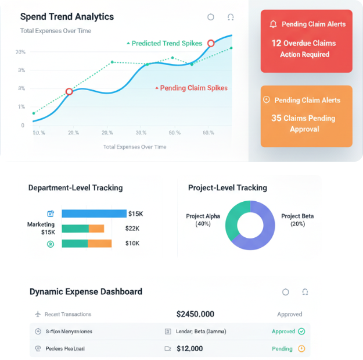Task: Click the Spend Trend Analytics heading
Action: click(67, 17)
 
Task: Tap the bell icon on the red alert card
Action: click(273, 24)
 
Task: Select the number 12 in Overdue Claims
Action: click(276, 43)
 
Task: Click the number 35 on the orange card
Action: click(276, 118)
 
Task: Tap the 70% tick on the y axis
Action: click(21, 52)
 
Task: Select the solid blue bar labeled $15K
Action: click(94, 213)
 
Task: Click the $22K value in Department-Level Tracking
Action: click(132, 229)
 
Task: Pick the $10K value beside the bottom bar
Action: click(132, 243)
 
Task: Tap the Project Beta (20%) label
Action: click(297, 220)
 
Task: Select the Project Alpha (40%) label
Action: click(203, 220)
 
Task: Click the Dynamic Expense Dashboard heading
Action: click(86, 291)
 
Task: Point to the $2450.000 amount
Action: click(195, 314)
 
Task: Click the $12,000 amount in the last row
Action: click(190, 349)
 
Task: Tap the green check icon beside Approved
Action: click(301, 332)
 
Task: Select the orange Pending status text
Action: click(282, 349)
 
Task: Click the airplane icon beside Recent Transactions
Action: click(38, 314)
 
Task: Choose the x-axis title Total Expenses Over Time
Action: click(135, 147)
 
